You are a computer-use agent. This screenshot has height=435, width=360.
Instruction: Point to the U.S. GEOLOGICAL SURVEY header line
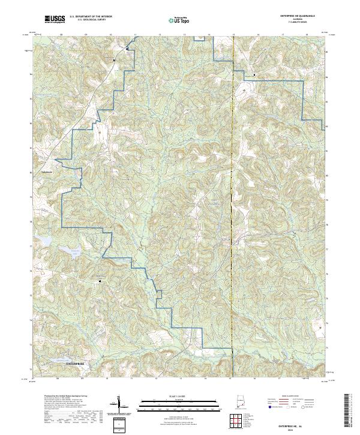click(90, 20)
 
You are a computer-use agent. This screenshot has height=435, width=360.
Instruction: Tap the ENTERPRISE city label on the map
click(76, 364)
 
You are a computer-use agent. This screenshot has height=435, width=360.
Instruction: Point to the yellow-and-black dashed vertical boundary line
click(232, 180)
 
